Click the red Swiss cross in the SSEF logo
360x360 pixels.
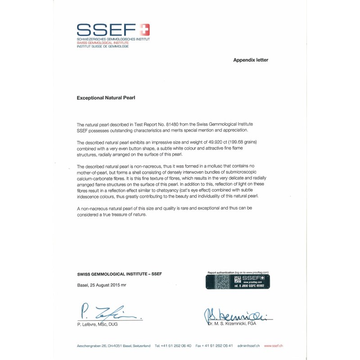point(144,30)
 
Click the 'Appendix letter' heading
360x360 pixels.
point(251,60)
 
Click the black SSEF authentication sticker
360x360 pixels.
point(238,281)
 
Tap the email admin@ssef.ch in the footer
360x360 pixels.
point(249,346)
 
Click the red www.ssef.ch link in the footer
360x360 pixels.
point(273,346)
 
